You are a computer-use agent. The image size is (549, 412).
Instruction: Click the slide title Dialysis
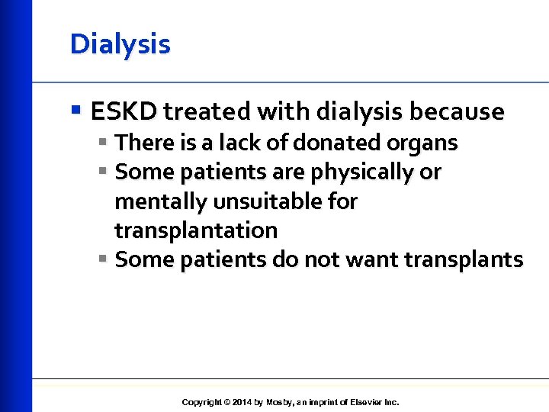coord(120,44)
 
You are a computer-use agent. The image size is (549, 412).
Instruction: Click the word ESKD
coord(124,112)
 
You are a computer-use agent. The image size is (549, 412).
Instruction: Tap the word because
coord(457,112)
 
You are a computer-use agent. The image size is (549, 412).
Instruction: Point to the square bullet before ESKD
coord(75,111)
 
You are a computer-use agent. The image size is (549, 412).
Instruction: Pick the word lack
coord(236,143)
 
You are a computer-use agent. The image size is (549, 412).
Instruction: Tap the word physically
coord(361,172)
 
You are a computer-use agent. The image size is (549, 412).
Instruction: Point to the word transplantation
coord(196,230)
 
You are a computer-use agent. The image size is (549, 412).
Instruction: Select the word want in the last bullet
coord(371,260)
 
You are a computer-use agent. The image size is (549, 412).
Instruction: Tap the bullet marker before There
coord(103,143)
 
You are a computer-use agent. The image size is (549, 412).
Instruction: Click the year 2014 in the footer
coord(242,402)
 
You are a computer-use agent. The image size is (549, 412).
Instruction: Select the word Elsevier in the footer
coord(364,402)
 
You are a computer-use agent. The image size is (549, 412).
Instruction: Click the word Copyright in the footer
coord(202,402)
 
